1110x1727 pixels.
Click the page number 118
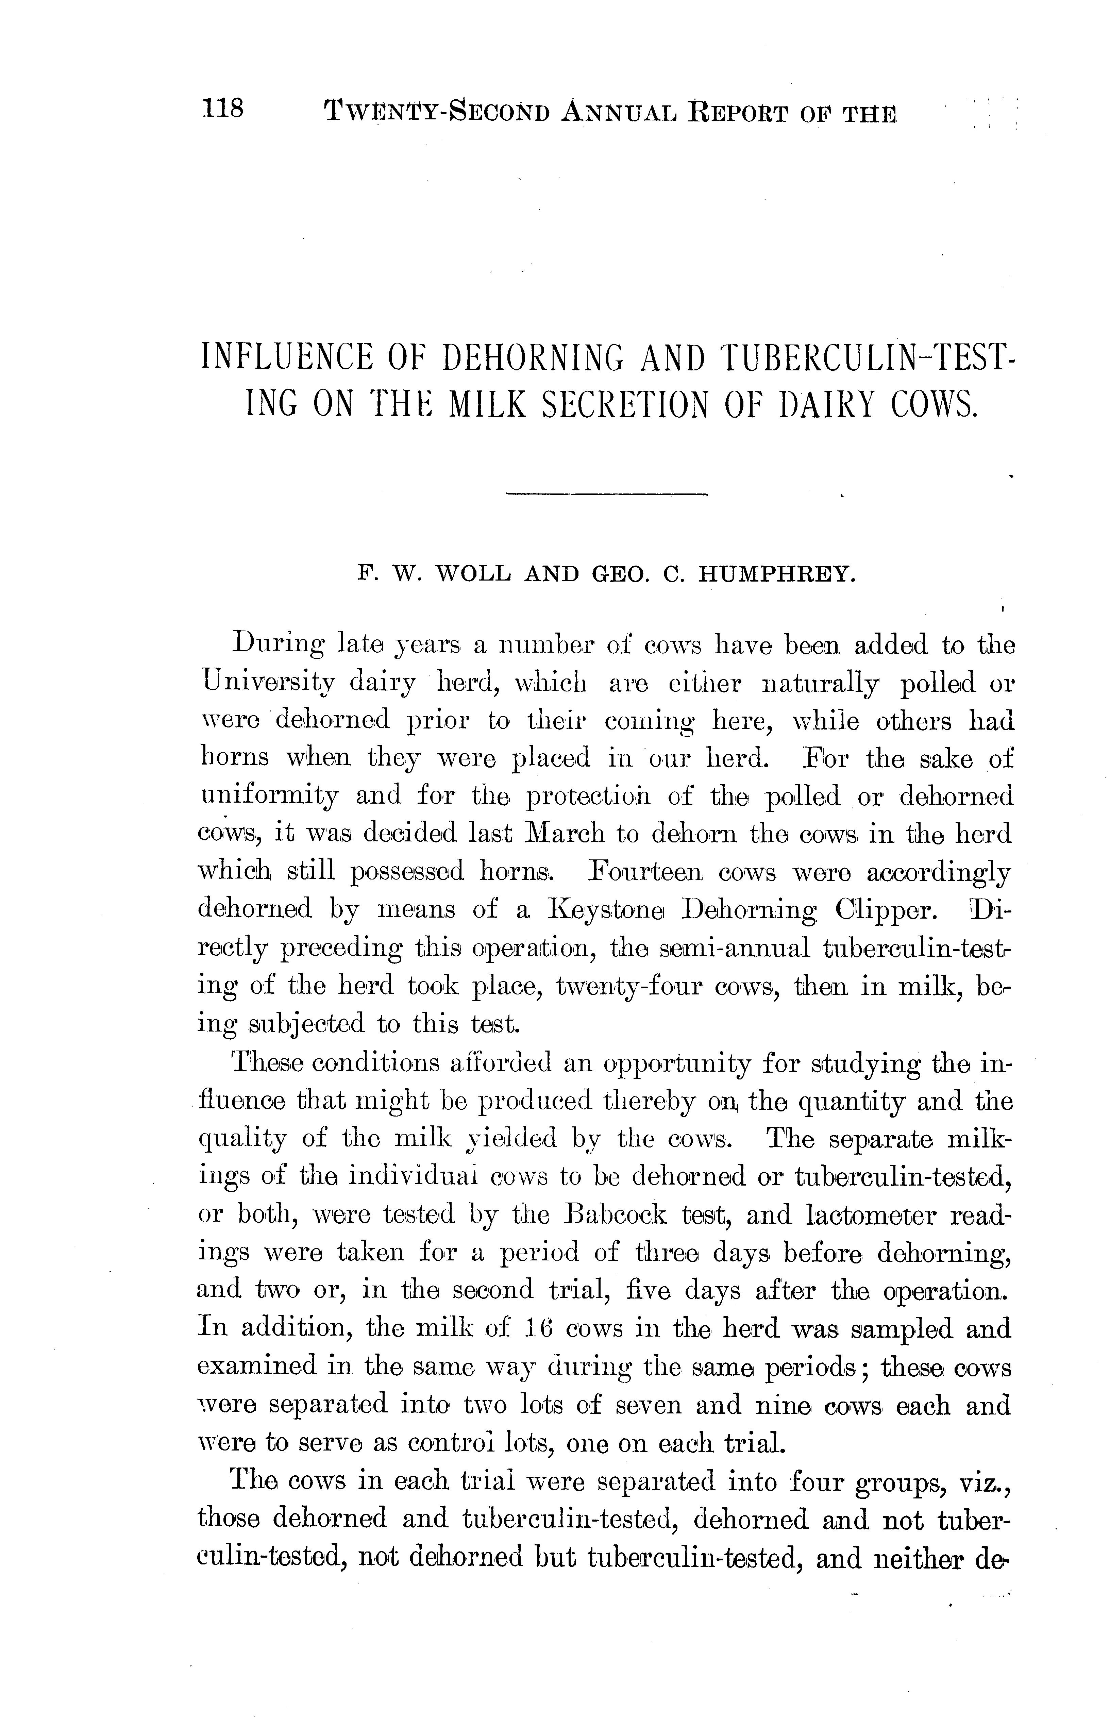click(x=223, y=110)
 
